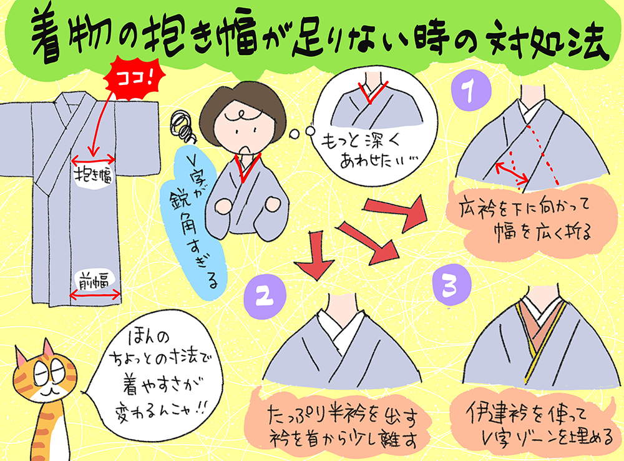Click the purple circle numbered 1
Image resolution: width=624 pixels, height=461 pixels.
(471, 91)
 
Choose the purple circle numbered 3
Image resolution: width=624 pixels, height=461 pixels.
(452, 285)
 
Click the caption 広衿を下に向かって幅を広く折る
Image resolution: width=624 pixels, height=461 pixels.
(525, 220)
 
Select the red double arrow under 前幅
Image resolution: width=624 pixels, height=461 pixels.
(95, 295)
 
